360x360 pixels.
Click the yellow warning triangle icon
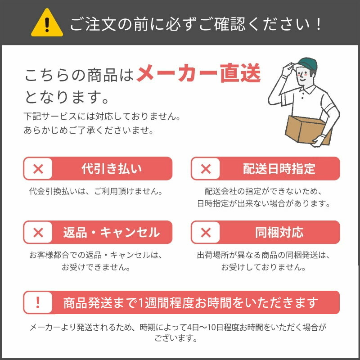pyautogui.click(x=47, y=23)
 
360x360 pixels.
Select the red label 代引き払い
pyautogui.click(x=112, y=169)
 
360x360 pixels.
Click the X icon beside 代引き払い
pyautogui.click(x=38, y=169)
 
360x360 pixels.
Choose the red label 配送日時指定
pyautogui.click(x=279, y=169)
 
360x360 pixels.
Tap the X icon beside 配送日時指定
pyautogui.click(x=206, y=169)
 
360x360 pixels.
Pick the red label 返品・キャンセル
pyautogui.click(x=112, y=232)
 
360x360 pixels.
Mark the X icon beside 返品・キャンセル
pyautogui.click(x=38, y=232)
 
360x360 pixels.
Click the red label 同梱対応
pyautogui.click(x=279, y=232)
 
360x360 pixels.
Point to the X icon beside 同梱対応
pyautogui.click(x=206, y=232)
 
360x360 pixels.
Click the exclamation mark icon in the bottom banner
pyautogui.click(x=38, y=302)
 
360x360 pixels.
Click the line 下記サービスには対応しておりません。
pyautogui.click(x=103, y=117)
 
